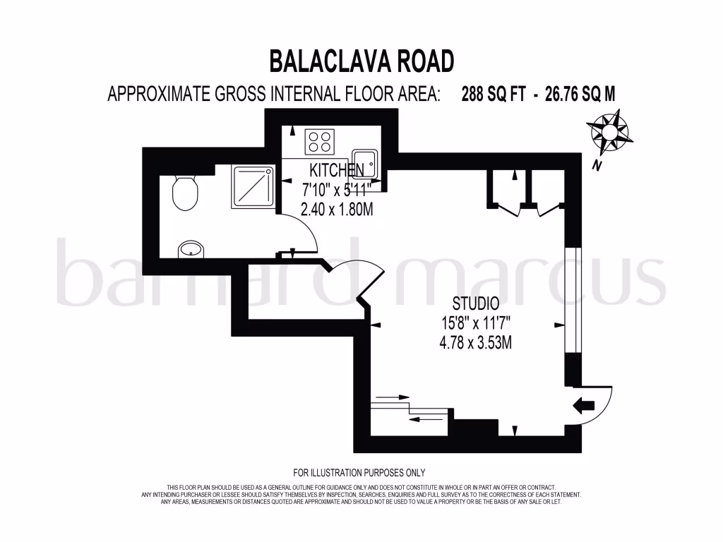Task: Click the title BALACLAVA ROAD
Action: coord(361,61)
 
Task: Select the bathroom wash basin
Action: coord(190,248)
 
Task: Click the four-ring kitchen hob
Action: coord(319,142)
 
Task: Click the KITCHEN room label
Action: coord(337,170)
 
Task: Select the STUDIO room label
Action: coord(475,304)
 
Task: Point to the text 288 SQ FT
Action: coord(494,95)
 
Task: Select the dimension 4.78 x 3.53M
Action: coord(474,344)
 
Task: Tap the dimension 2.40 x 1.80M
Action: coord(337,209)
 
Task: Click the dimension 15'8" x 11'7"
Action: coord(474,324)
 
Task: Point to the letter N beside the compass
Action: coord(597,167)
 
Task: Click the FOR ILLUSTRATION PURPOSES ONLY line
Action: coord(359,473)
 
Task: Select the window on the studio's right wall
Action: coord(573,300)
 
